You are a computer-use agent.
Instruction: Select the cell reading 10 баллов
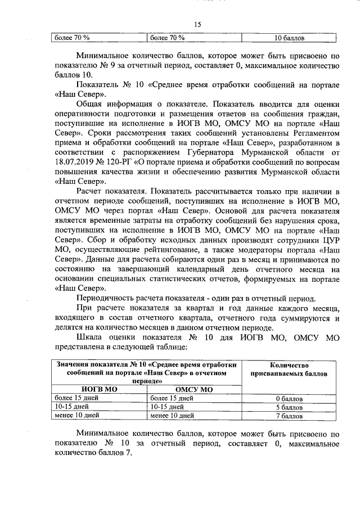pyautogui.click(x=289, y=38)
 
